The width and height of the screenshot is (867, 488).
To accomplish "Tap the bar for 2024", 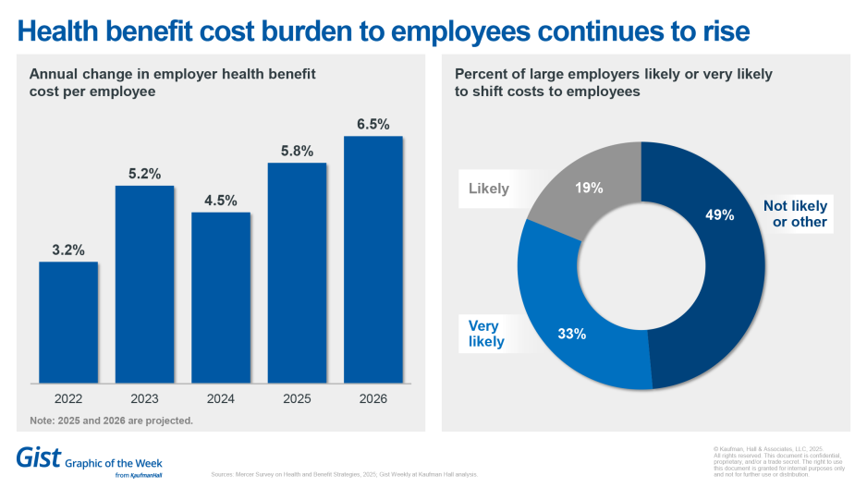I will click(221, 297).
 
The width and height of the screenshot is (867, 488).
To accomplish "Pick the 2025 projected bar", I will click(297, 273).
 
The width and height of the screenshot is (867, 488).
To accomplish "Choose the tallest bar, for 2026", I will click(373, 259).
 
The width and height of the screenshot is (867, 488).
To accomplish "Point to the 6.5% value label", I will click(373, 124).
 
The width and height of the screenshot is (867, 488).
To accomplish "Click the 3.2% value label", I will click(68, 250).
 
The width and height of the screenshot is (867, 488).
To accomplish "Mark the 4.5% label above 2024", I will click(221, 200).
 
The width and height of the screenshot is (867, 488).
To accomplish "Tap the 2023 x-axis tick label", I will click(144, 398).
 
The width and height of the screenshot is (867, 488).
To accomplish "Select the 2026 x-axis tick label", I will click(373, 398).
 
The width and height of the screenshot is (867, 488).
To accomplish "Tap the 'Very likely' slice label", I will click(486, 334).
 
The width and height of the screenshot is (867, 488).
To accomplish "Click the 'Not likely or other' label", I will click(795, 213).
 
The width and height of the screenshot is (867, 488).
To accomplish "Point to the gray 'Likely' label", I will click(489, 189).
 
